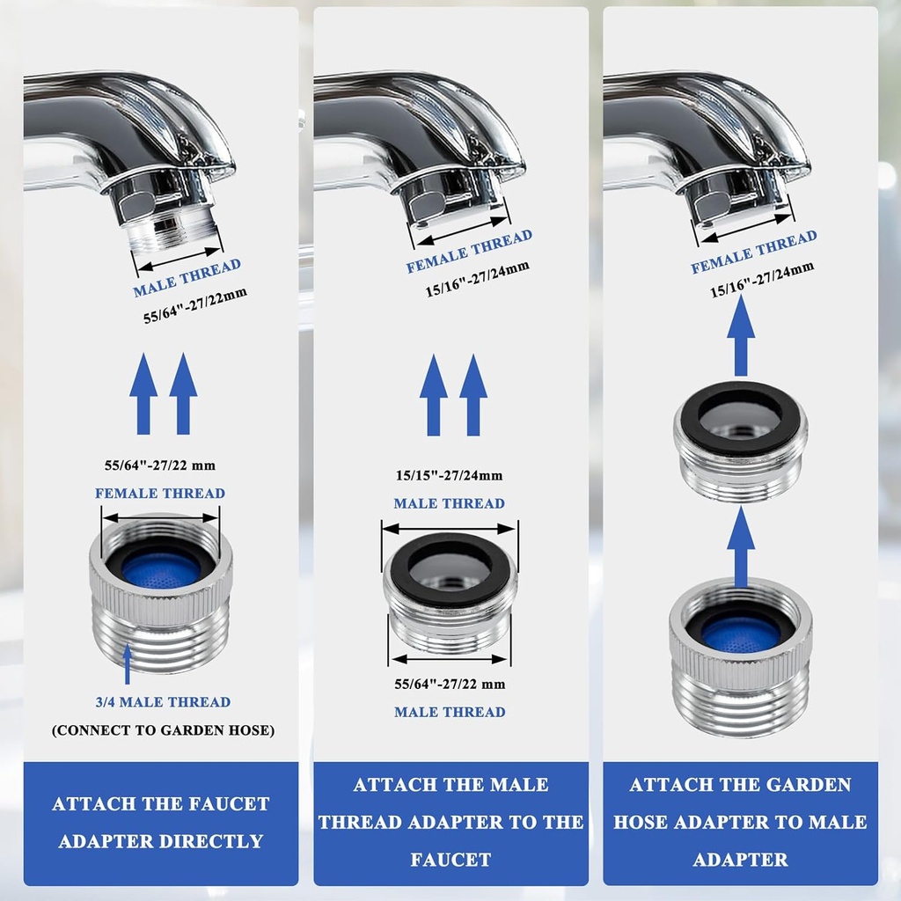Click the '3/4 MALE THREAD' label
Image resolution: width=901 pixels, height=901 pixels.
(x=163, y=702)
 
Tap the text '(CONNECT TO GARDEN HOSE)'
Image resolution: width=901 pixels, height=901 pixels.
(x=163, y=730)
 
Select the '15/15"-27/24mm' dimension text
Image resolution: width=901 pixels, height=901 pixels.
(x=449, y=476)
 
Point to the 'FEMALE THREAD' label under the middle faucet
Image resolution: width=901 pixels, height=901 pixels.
(x=469, y=252)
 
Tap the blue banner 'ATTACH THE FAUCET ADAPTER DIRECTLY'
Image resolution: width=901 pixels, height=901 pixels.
(x=161, y=822)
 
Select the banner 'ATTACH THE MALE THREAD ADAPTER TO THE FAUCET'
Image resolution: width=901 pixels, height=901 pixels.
(x=450, y=822)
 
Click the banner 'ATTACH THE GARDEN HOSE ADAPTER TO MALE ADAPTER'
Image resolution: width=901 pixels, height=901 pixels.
(x=740, y=822)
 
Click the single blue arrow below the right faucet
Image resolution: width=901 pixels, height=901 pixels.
(x=741, y=335)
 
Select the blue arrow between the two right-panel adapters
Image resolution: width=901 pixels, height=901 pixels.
(x=741, y=546)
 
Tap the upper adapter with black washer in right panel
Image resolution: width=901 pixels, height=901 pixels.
(x=740, y=440)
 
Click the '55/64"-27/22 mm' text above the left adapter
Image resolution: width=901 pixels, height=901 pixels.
(x=161, y=465)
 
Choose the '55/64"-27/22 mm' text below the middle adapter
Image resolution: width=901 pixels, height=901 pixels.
(x=450, y=684)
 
